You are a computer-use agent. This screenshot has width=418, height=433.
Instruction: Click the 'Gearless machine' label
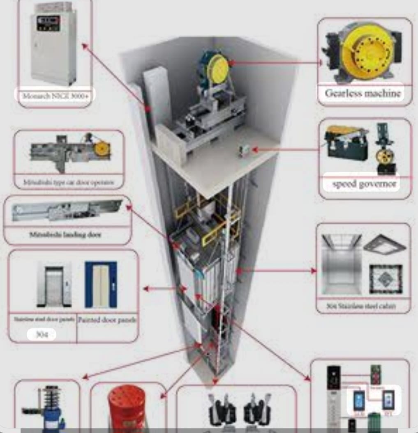(x=363, y=93)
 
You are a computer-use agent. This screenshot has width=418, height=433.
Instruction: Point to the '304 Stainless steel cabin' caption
(x=363, y=306)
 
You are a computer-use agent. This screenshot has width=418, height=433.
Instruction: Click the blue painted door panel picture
(x=101, y=284)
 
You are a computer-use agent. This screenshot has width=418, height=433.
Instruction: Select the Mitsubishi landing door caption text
(x=66, y=235)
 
